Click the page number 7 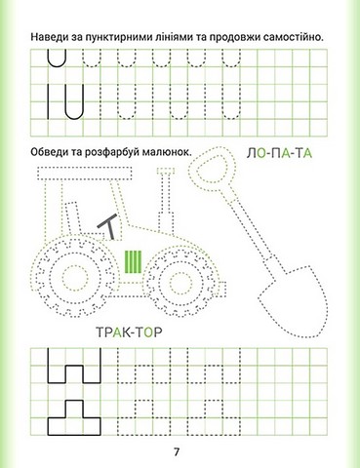(x=177, y=451)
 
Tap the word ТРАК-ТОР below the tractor (x=130, y=331)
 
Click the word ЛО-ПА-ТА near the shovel (x=279, y=153)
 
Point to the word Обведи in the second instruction (x=48, y=152)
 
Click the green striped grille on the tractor (x=134, y=262)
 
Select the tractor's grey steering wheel (x=108, y=225)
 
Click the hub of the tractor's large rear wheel (x=74, y=278)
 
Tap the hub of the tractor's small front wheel (x=177, y=280)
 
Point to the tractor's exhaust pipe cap (x=166, y=171)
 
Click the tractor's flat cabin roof (x=85, y=174)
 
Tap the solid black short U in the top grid (x=57, y=58)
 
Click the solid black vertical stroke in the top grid (x=49, y=101)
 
